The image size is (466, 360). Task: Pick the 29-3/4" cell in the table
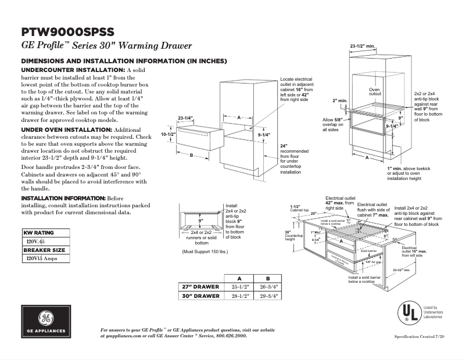click(268, 296)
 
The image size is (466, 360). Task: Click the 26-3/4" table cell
click(268, 287)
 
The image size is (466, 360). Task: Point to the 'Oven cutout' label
click(375, 92)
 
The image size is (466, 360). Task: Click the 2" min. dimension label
click(339, 100)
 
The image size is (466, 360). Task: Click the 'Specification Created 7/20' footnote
click(422, 337)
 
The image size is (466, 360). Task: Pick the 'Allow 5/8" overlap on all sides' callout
click(334, 125)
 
